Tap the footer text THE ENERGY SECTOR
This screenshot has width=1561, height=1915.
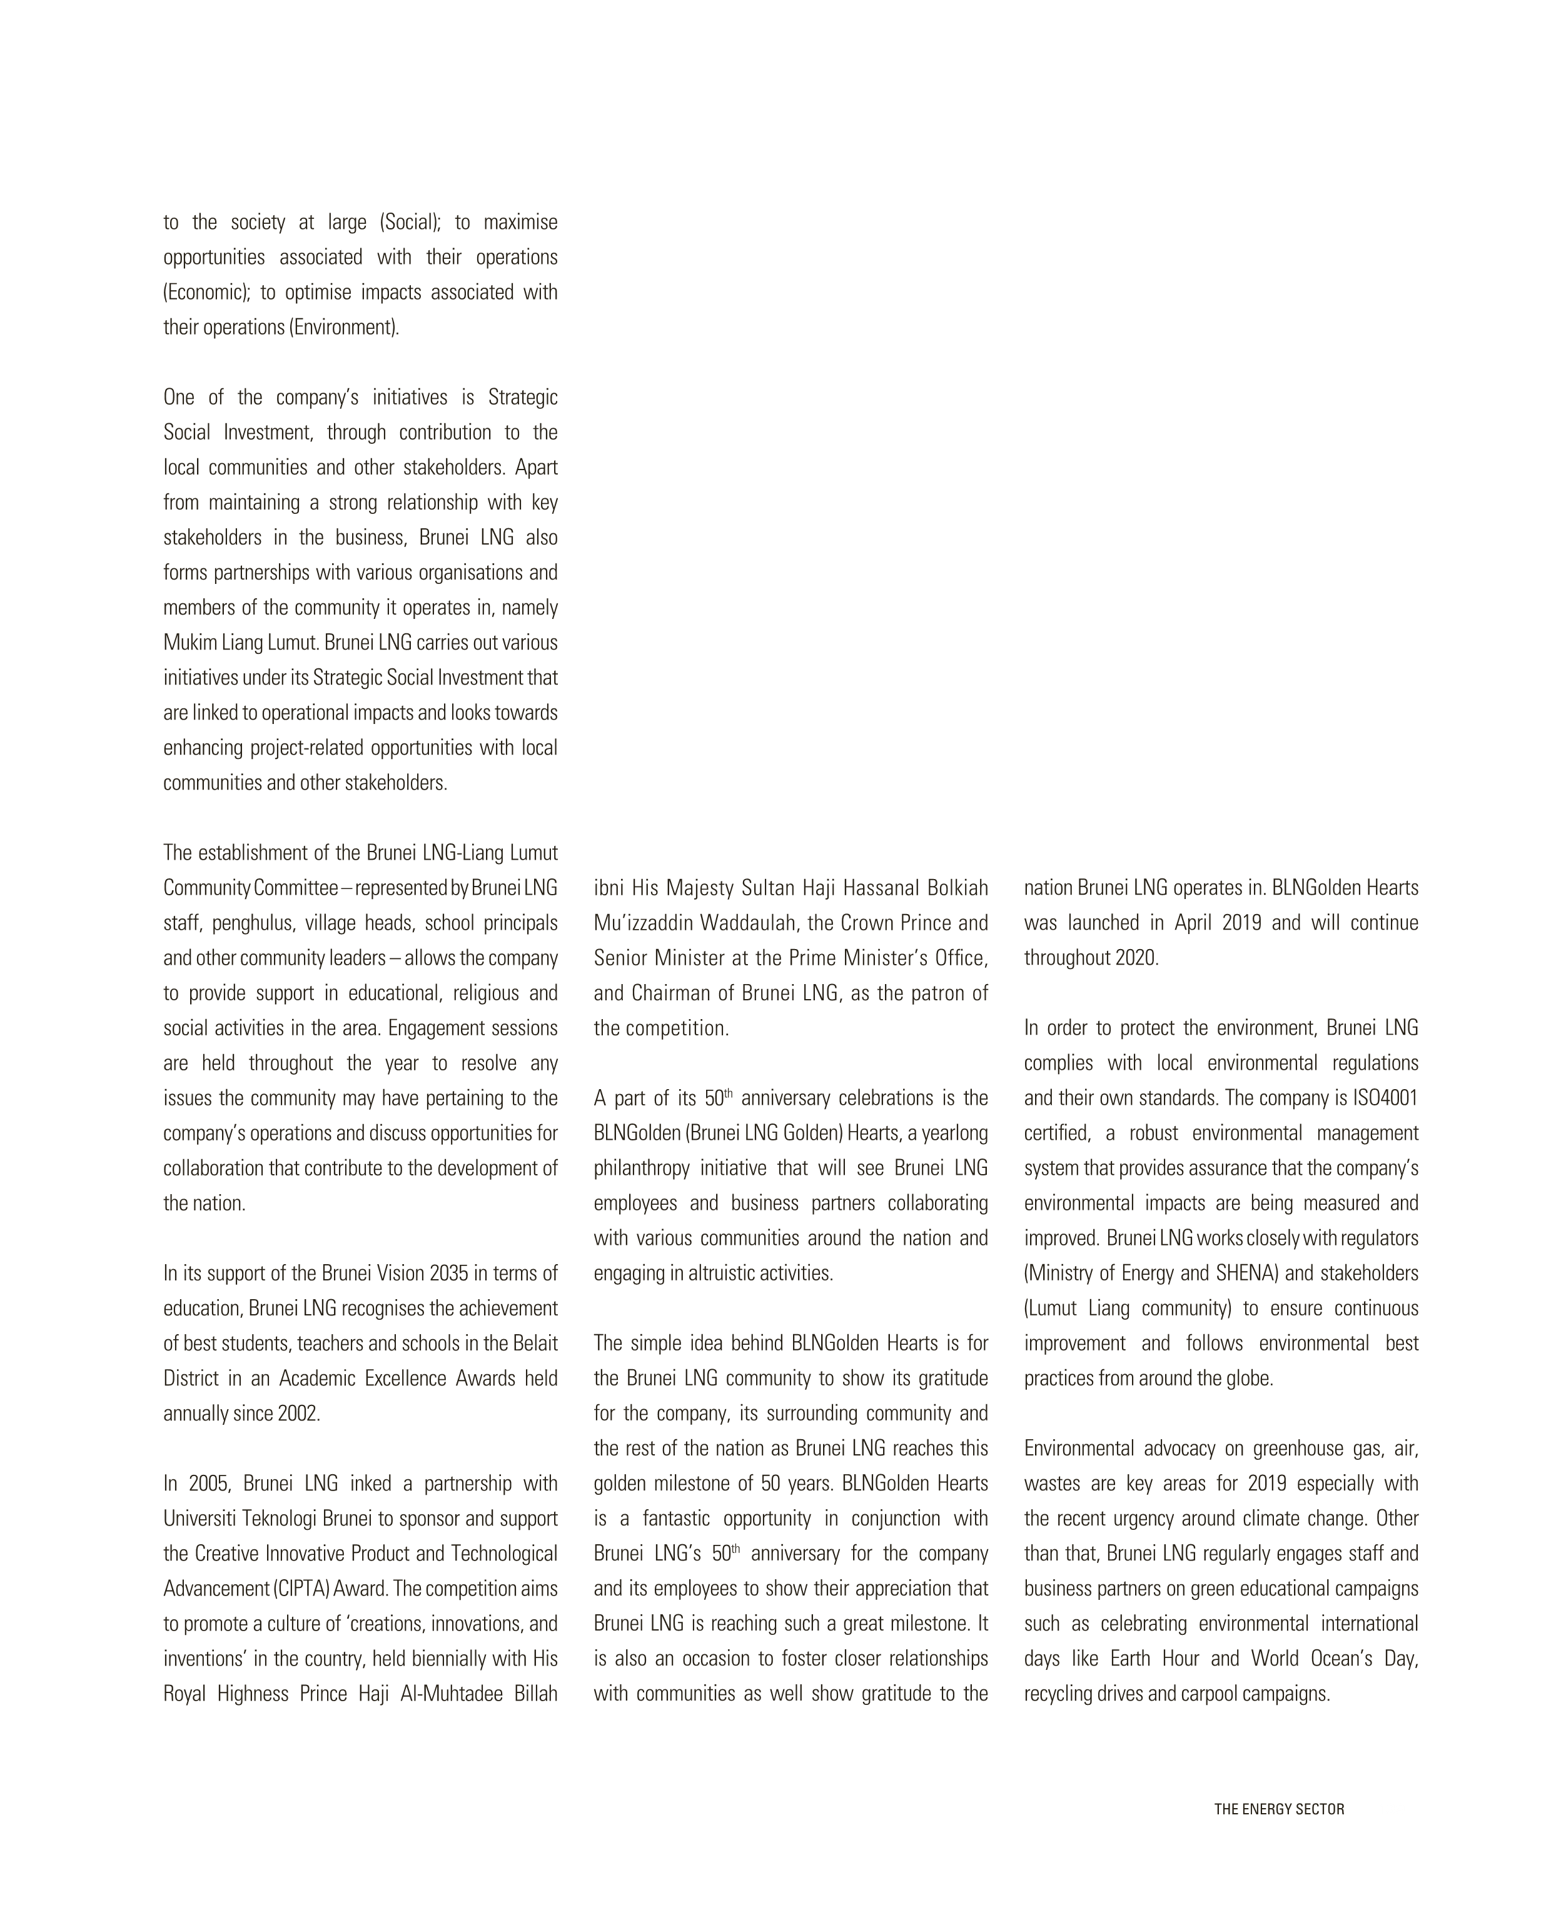(x=1279, y=1809)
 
